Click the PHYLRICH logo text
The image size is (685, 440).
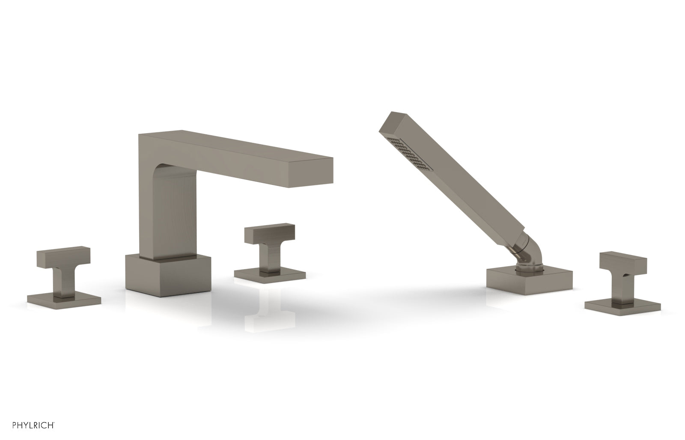click(x=34, y=425)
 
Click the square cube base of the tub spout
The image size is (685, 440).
click(x=168, y=275)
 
